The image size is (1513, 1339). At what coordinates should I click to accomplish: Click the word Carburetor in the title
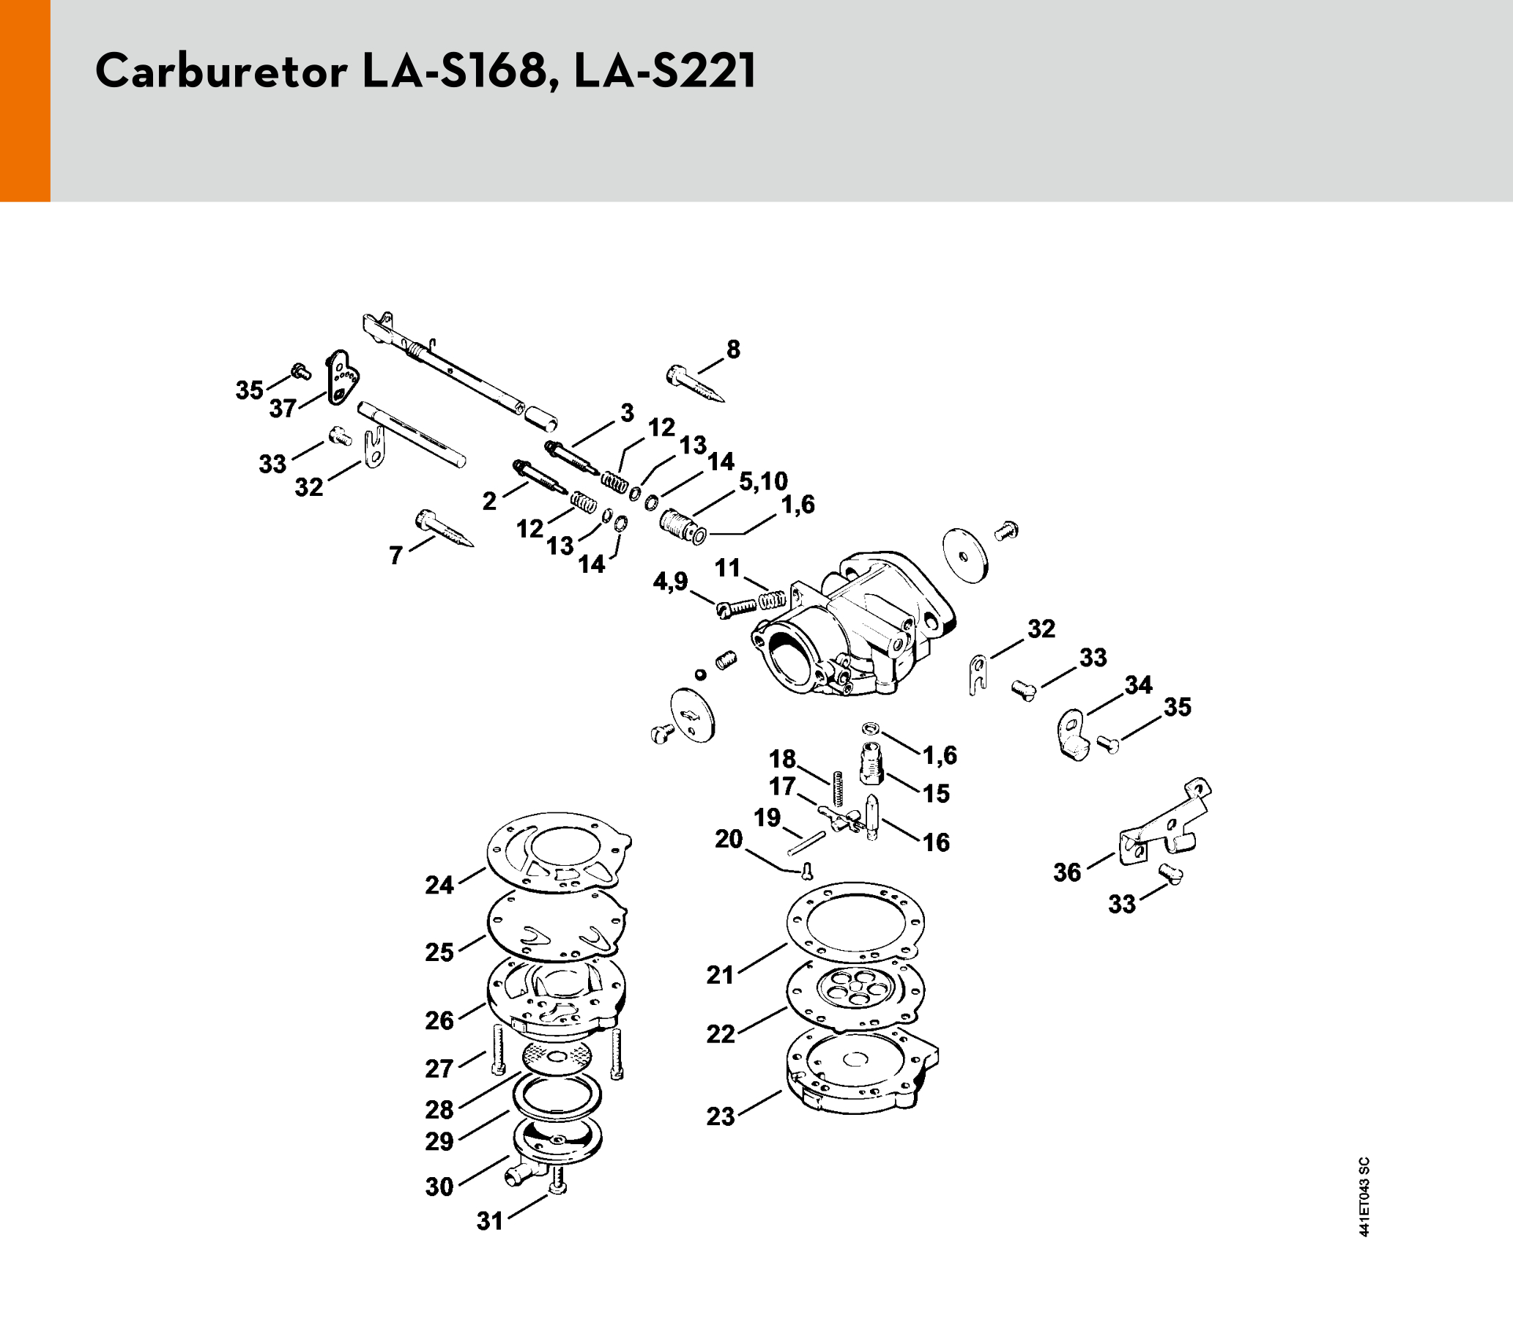coord(220,73)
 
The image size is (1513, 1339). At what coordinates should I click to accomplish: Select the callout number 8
coord(733,349)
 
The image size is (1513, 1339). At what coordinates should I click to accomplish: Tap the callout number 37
coord(283,409)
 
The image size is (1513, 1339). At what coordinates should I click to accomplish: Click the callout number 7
coord(396,555)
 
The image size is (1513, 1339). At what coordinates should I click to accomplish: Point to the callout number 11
coord(728,568)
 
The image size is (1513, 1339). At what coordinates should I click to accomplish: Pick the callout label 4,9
coord(670,582)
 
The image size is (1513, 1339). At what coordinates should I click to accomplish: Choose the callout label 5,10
coord(763,481)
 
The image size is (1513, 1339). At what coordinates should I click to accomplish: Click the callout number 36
coord(1068,872)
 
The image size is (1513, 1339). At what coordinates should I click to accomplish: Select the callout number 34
coord(1139,685)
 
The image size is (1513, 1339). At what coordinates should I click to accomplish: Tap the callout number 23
coord(720,1116)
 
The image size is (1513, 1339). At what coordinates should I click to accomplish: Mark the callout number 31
coord(490,1221)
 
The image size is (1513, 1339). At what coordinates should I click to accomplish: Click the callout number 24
coord(439,885)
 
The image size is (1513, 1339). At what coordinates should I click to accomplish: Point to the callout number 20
coord(729,839)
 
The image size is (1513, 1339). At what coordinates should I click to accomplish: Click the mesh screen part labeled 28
coord(557,1054)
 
